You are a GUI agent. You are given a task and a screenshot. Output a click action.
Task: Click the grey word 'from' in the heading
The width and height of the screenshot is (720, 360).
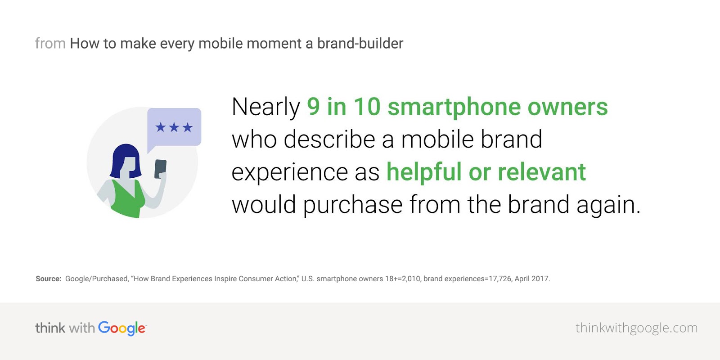50,43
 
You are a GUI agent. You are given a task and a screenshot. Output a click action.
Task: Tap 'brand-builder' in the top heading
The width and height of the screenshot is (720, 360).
360,43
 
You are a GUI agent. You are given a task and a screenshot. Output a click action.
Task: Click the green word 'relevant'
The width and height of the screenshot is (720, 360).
542,172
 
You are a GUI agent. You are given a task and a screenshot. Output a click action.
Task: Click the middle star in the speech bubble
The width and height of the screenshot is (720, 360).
174,128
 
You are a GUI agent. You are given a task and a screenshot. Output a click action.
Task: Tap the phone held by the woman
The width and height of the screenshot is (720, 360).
160,169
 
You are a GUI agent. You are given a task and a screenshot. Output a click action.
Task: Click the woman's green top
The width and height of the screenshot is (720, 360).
128,199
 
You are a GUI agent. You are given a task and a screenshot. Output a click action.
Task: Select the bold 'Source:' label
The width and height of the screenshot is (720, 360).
49,279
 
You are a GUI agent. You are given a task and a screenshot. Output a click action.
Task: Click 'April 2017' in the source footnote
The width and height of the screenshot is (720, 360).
532,279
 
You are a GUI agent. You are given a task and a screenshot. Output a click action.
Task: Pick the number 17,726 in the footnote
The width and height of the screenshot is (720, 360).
500,279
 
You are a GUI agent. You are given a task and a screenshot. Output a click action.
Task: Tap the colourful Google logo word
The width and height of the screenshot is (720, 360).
122,328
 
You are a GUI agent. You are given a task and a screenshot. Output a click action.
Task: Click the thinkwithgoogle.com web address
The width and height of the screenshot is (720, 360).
636,328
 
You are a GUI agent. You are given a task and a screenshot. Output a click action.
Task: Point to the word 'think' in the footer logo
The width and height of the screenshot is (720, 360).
50,328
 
